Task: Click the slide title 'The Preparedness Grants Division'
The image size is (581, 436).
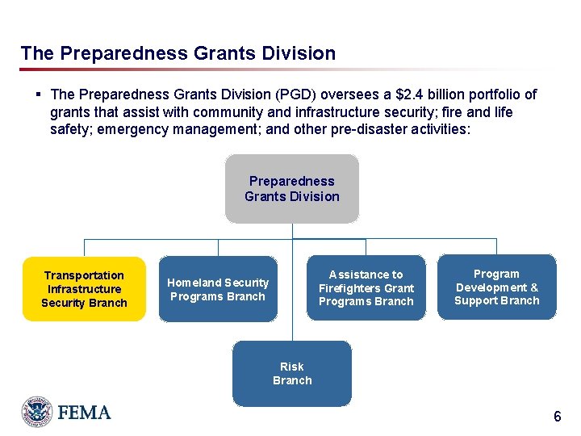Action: tap(178, 54)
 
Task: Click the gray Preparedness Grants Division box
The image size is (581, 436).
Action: tap(291, 189)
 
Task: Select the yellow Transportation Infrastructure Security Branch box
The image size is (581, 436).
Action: tap(84, 289)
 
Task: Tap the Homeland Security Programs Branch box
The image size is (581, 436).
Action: tap(218, 289)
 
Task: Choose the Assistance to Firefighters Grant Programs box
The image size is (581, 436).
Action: tap(366, 288)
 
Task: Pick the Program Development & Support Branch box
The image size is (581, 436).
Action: tap(496, 287)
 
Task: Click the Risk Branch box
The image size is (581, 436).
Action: tap(291, 373)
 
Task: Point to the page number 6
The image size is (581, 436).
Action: tap(557, 417)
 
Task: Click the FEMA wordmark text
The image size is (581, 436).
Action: tap(84, 413)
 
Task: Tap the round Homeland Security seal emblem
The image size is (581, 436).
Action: tap(36, 412)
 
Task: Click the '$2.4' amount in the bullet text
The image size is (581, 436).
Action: tap(395, 94)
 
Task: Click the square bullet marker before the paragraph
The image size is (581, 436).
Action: tap(39, 94)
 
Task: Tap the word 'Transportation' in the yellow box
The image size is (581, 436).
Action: tap(84, 275)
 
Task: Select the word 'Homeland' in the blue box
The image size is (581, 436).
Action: tap(194, 283)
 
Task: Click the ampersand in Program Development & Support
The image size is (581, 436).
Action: tap(534, 287)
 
